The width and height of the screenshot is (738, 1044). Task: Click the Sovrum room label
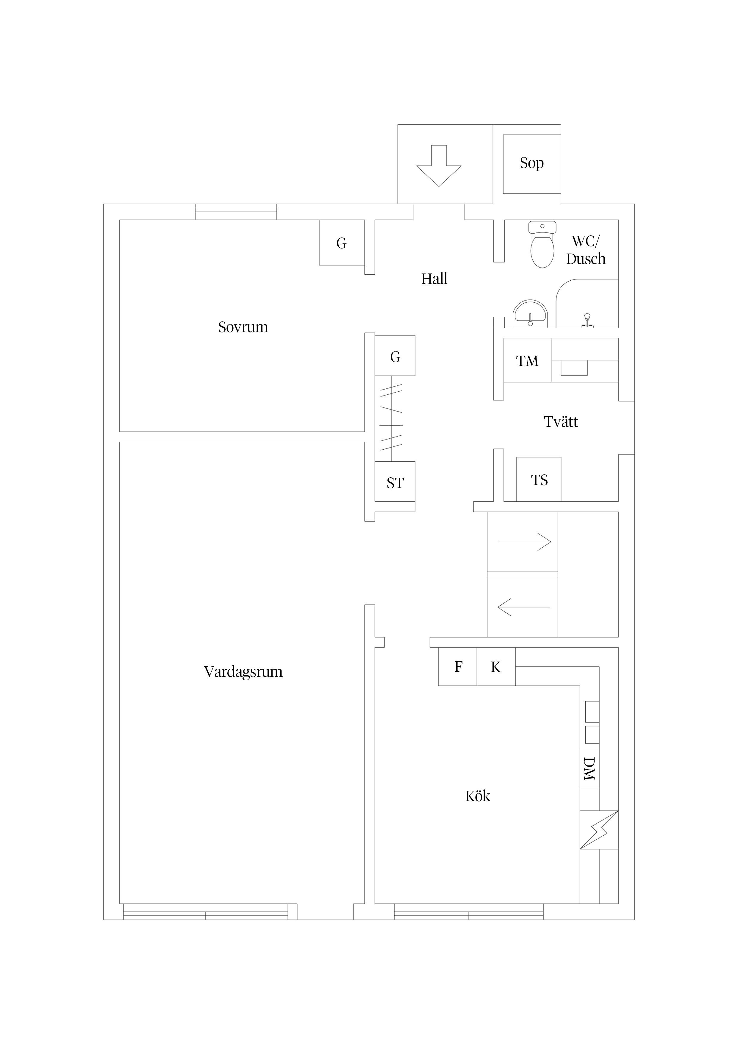point(243,327)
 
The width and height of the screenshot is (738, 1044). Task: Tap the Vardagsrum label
point(243,672)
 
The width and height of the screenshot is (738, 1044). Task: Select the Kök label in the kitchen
point(477,796)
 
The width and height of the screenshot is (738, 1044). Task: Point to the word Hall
point(434,278)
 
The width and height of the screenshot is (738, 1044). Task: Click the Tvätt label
point(561,421)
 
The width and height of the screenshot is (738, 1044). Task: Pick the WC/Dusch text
point(586,250)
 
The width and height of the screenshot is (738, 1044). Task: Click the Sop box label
point(531,163)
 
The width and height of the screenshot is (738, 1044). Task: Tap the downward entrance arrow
point(439,165)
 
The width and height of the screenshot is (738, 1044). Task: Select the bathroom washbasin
point(530,314)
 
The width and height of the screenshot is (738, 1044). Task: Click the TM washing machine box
point(528,360)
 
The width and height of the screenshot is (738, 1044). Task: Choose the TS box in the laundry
point(539,479)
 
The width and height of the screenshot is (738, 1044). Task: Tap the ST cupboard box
point(395,482)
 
